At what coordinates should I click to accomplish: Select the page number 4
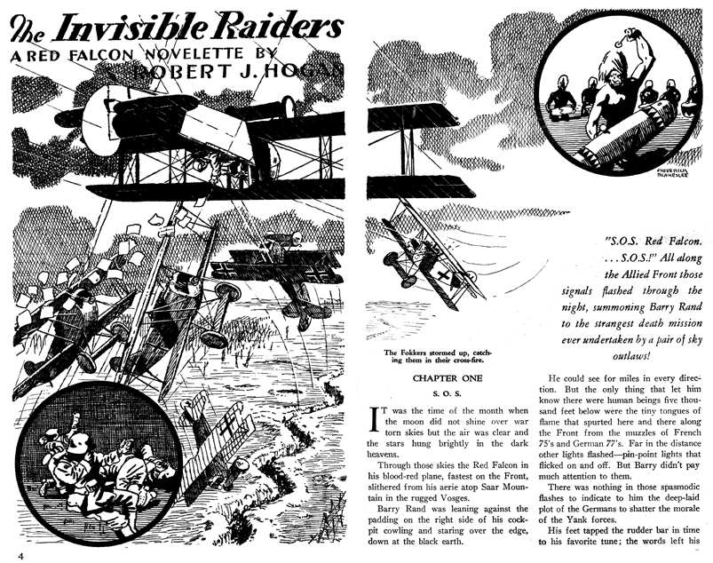pyautogui.click(x=7, y=555)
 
